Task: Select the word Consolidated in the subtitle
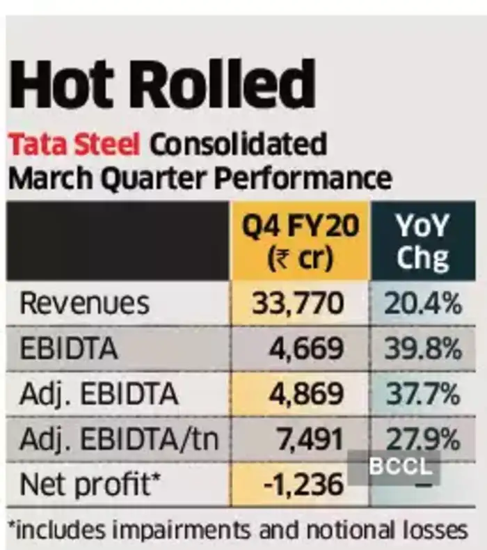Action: click(x=239, y=145)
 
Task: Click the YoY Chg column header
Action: click(x=422, y=242)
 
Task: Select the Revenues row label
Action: click(x=84, y=304)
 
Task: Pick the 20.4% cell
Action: click(x=422, y=304)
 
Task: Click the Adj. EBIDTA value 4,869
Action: click(x=306, y=395)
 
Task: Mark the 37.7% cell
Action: click(x=422, y=395)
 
